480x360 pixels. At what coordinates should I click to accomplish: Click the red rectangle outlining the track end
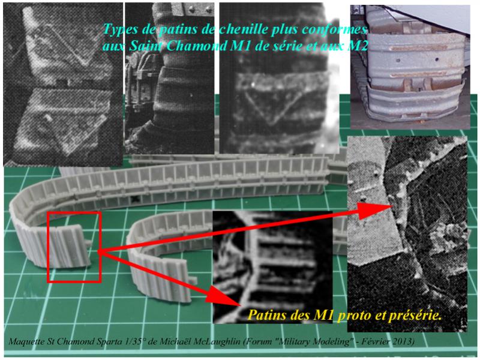pos(47,247)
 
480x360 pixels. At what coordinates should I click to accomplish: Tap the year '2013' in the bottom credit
pos(406,341)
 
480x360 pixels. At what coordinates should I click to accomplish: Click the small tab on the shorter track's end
pos(193,279)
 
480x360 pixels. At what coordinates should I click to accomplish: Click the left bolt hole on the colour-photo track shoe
pos(398,61)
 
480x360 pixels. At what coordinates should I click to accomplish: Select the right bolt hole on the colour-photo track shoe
pos(437,59)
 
